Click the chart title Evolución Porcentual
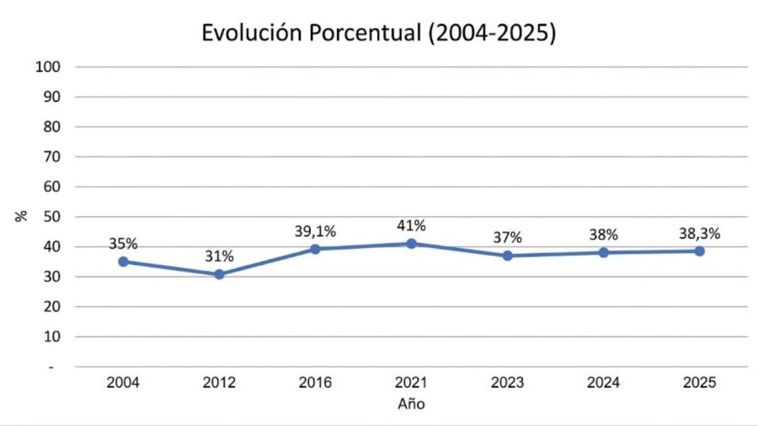[379, 35]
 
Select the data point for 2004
[123, 262]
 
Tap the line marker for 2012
[219, 274]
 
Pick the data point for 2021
[411, 244]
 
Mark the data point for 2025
[699, 251]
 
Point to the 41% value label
[411, 225]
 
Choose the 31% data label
[219, 256]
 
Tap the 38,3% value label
[699, 233]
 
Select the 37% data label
[507, 238]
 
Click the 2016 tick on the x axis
[315, 383]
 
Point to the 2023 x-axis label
[507, 383]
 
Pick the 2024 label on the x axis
[603, 383]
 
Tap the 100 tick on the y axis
[51, 67]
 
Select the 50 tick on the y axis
[54, 217]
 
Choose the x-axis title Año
[411, 404]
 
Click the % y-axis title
[22, 216]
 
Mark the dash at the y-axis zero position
[58, 367]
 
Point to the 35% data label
[123, 244]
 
